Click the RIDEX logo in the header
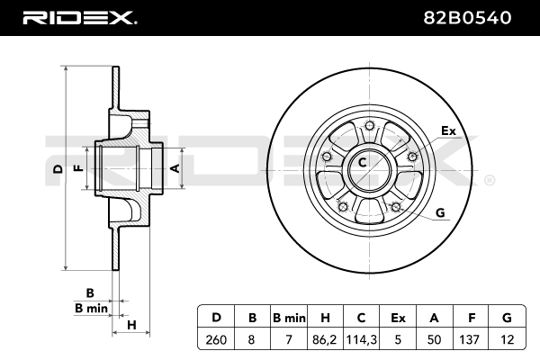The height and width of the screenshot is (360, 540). click(x=78, y=17)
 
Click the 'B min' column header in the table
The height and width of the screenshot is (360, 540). click(x=289, y=317)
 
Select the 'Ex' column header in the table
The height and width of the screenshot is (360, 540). click(x=399, y=317)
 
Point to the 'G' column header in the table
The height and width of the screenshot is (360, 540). click(x=507, y=317)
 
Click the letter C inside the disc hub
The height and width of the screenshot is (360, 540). click(x=363, y=163)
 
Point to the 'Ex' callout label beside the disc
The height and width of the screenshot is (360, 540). click(x=448, y=131)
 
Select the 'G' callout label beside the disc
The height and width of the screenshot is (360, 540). click(x=440, y=212)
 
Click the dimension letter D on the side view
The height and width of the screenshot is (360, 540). click(x=57, y=168)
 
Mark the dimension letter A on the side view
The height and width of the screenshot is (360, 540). click(x=175, y=168)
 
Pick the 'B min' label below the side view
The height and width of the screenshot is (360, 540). click(x=90, y=309)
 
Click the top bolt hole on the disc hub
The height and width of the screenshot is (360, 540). click(x=370, y=126)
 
